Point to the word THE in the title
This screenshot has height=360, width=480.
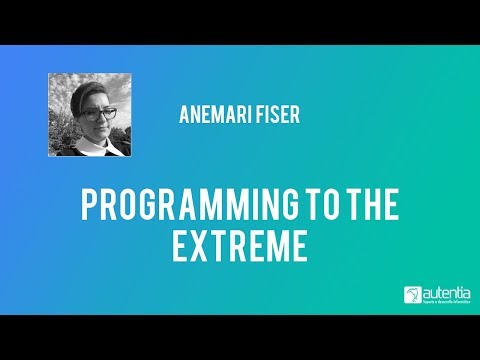(375, 208)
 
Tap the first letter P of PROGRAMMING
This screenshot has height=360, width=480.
(89, 208)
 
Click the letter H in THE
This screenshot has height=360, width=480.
(374, 208)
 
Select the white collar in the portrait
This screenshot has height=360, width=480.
(92, 146)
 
